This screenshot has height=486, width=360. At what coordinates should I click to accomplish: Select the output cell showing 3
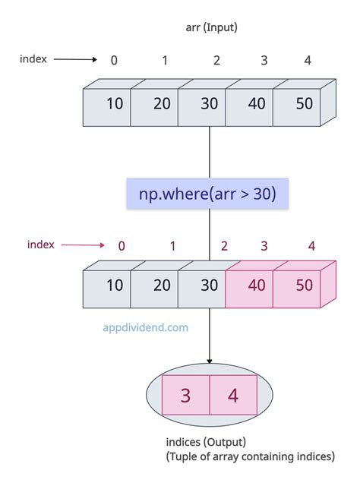[x=185, y=395]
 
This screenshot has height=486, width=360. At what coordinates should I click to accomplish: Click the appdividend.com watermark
[x=145, y=328]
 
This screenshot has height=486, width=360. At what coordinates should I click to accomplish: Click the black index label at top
[x=34, y=58]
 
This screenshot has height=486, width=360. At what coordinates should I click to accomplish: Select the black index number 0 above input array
[x=114, y=60]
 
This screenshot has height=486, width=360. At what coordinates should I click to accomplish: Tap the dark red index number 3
[x=264, y=245]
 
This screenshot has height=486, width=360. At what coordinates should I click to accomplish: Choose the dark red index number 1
[x=172, y=245]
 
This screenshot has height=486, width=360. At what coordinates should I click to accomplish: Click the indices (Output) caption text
[x=204, y=442]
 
